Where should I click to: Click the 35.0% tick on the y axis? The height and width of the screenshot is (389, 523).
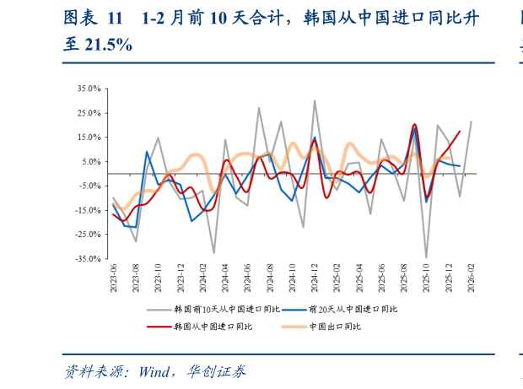coord(89,88)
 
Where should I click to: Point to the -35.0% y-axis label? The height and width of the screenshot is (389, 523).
coord(88,259)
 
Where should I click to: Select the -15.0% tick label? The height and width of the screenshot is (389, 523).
coord(88,210)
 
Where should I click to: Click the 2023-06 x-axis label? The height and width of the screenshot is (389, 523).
coord(113,277)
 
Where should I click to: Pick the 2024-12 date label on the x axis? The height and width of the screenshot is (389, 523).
coord(315,277)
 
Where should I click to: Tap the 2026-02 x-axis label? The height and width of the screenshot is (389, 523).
coord(471,277)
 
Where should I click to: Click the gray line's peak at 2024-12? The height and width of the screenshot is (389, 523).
coord(315,100)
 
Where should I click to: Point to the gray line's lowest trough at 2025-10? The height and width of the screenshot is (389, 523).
coord(426,257)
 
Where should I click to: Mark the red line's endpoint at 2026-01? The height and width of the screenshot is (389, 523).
coord(460,131)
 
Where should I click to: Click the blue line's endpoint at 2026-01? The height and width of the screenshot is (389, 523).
coord(460,166)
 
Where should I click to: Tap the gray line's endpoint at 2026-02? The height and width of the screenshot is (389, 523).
coord(471,122)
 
